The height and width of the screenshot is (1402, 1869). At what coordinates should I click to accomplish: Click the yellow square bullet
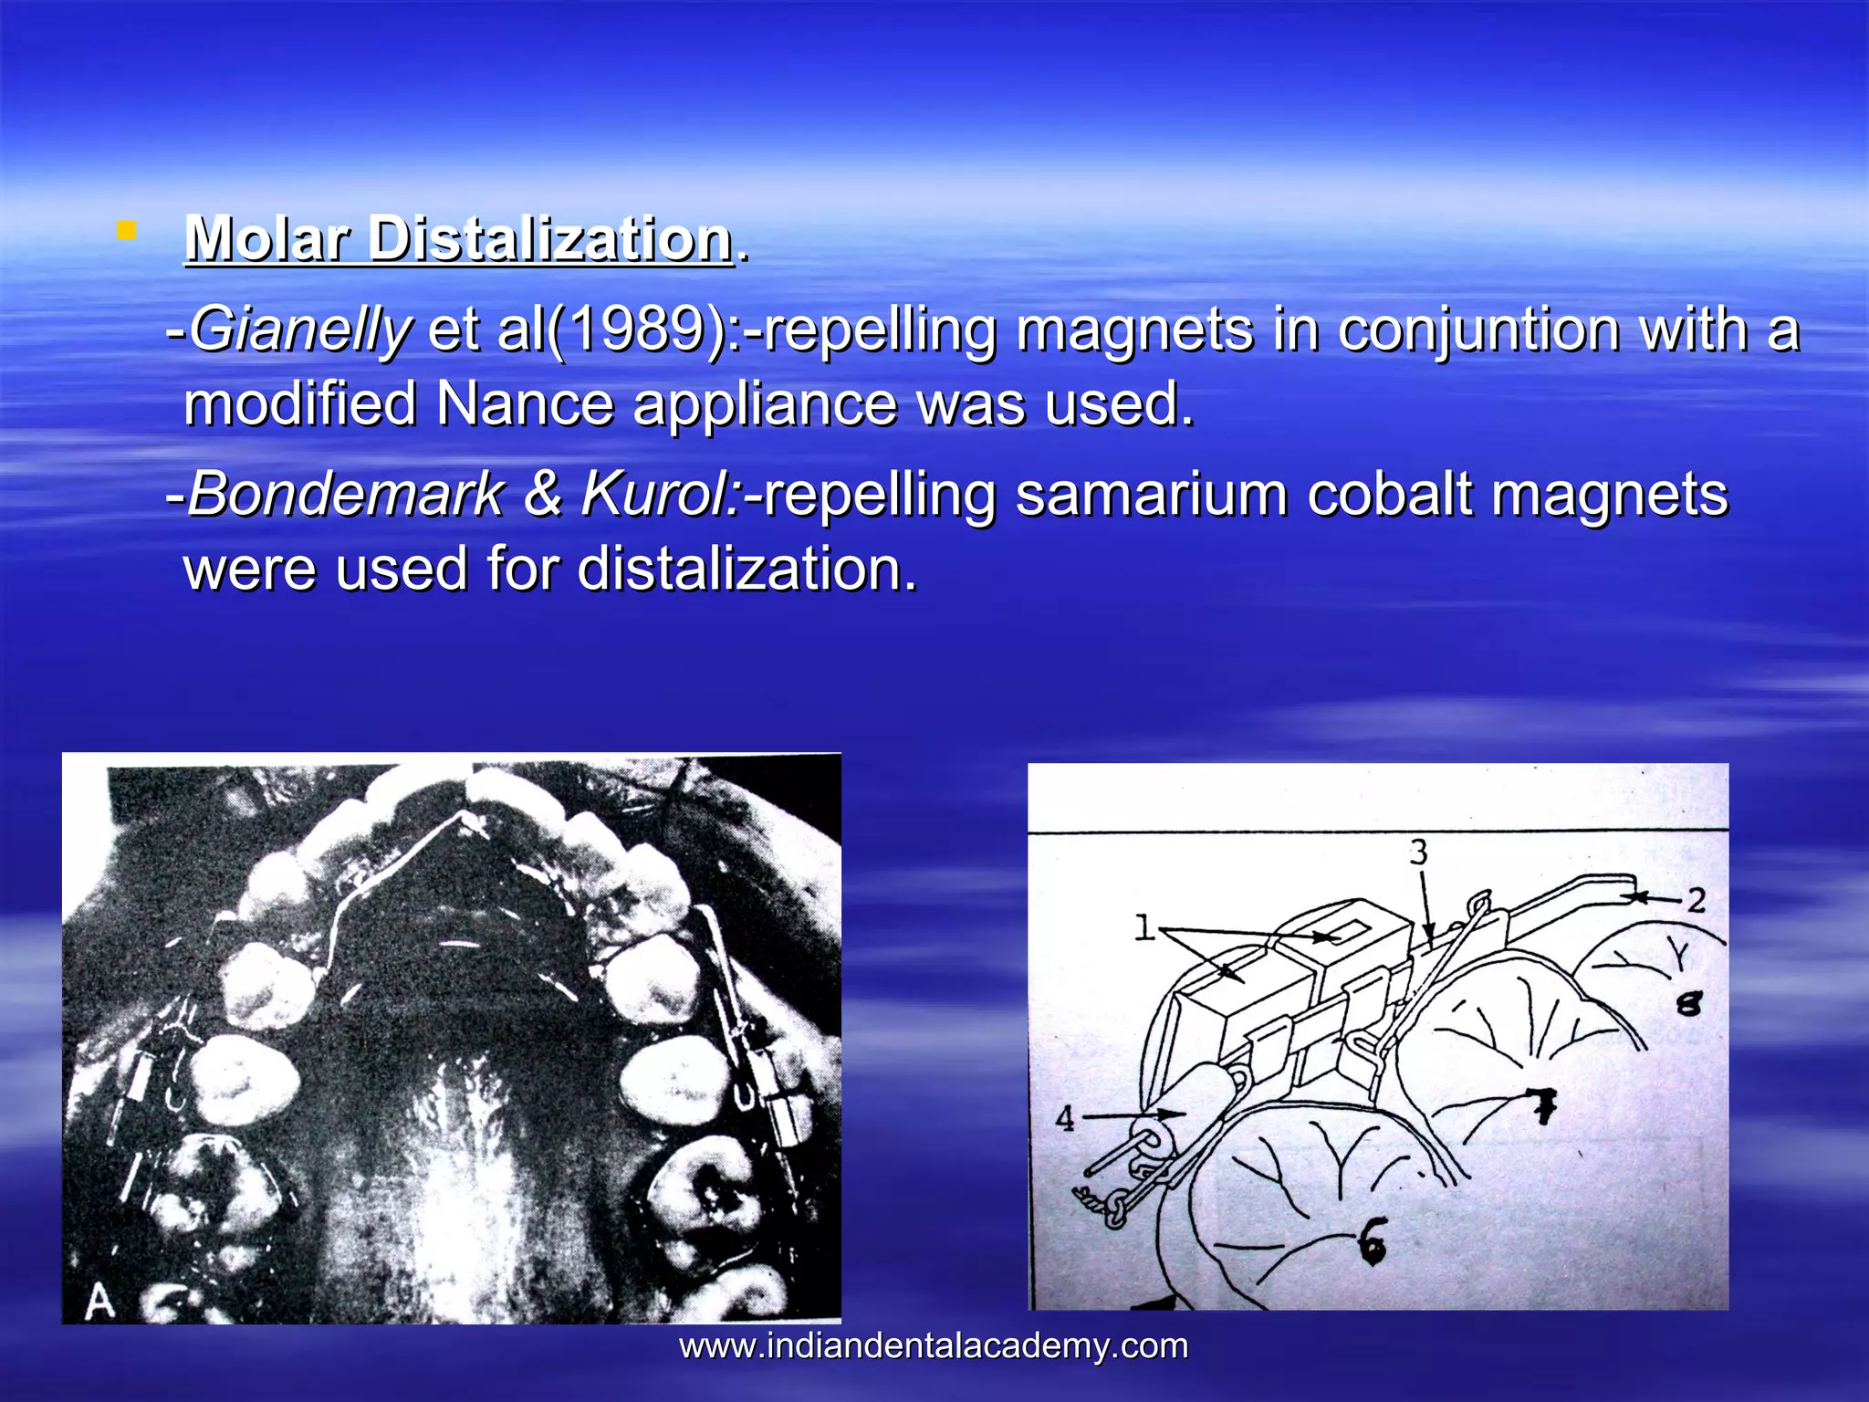pyautogui.click(x=126, y=231)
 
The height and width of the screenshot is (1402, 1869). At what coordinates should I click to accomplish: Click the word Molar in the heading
pyautogui.click(x=266, y=239)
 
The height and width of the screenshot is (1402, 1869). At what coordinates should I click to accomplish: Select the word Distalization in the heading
pyautogui.click(x=550, y=239)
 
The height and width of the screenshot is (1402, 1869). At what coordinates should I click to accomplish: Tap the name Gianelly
pyautogui.click(x=300, y=330)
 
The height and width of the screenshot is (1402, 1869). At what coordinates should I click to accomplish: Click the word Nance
pyautogui.click(x=525, y=403)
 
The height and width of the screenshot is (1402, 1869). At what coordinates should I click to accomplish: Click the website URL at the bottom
pyautogui.click(x=934, y=1346)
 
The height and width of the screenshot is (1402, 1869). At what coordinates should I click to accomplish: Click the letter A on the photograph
pyautogui.click(x=99, y=1302)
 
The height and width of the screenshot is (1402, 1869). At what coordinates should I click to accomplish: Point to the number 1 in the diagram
pyautogui.click(x=1144, y=928)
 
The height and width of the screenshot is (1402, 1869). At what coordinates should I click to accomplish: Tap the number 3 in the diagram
pyautogui.click(x=1418, y=853)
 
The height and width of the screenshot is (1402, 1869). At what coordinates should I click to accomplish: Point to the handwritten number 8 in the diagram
pyautogui.click(x=1689, y=1004)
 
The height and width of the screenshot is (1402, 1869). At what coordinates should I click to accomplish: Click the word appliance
pyautogui.click(x=765, y=403)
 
